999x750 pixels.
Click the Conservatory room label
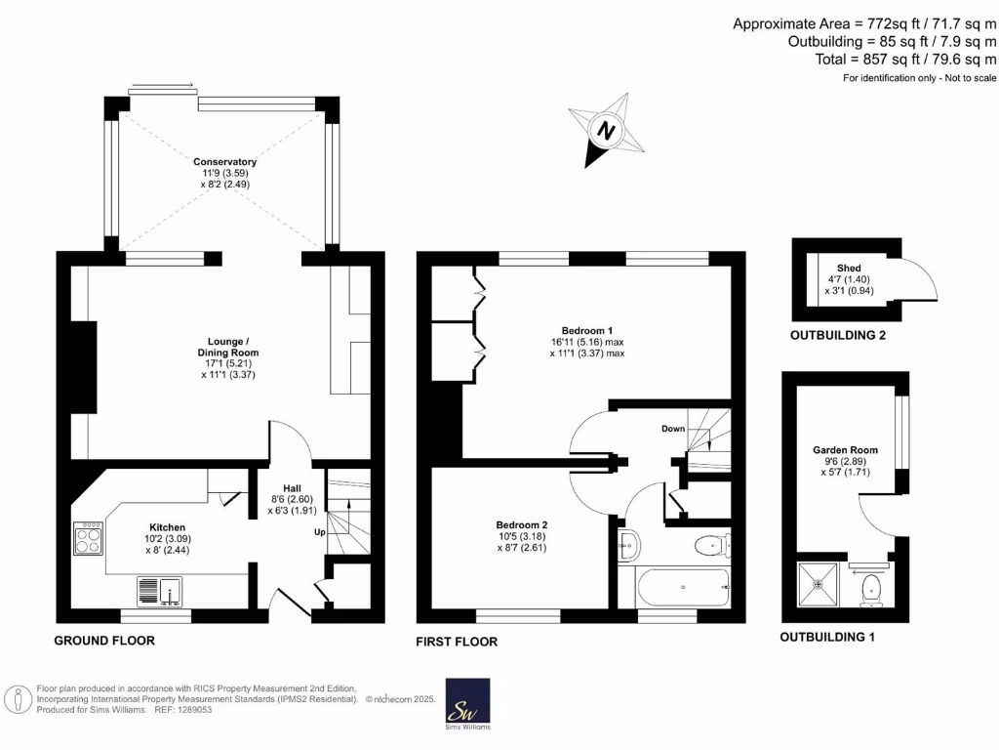(225, 162)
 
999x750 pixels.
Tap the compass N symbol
(606, 131)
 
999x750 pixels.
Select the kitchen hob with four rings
(88, 538)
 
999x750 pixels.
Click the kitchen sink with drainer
(159, 591)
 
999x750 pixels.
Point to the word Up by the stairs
(320, 532)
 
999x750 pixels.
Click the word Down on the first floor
(673, 429)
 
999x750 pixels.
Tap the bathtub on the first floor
(683, 587)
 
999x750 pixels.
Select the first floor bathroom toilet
(713, 546)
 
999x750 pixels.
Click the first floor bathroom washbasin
(629, 546)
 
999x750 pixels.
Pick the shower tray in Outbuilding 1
(819, 584)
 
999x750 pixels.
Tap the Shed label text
(849, 269)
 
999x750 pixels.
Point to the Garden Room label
(845, 449)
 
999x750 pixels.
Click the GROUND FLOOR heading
(104, 641)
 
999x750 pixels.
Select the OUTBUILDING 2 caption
(838, 336)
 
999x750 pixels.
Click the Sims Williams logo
(467, 703)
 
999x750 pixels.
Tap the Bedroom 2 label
(522, 524)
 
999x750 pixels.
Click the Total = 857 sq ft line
(905, 60)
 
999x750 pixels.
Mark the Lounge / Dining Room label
(228, 347)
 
